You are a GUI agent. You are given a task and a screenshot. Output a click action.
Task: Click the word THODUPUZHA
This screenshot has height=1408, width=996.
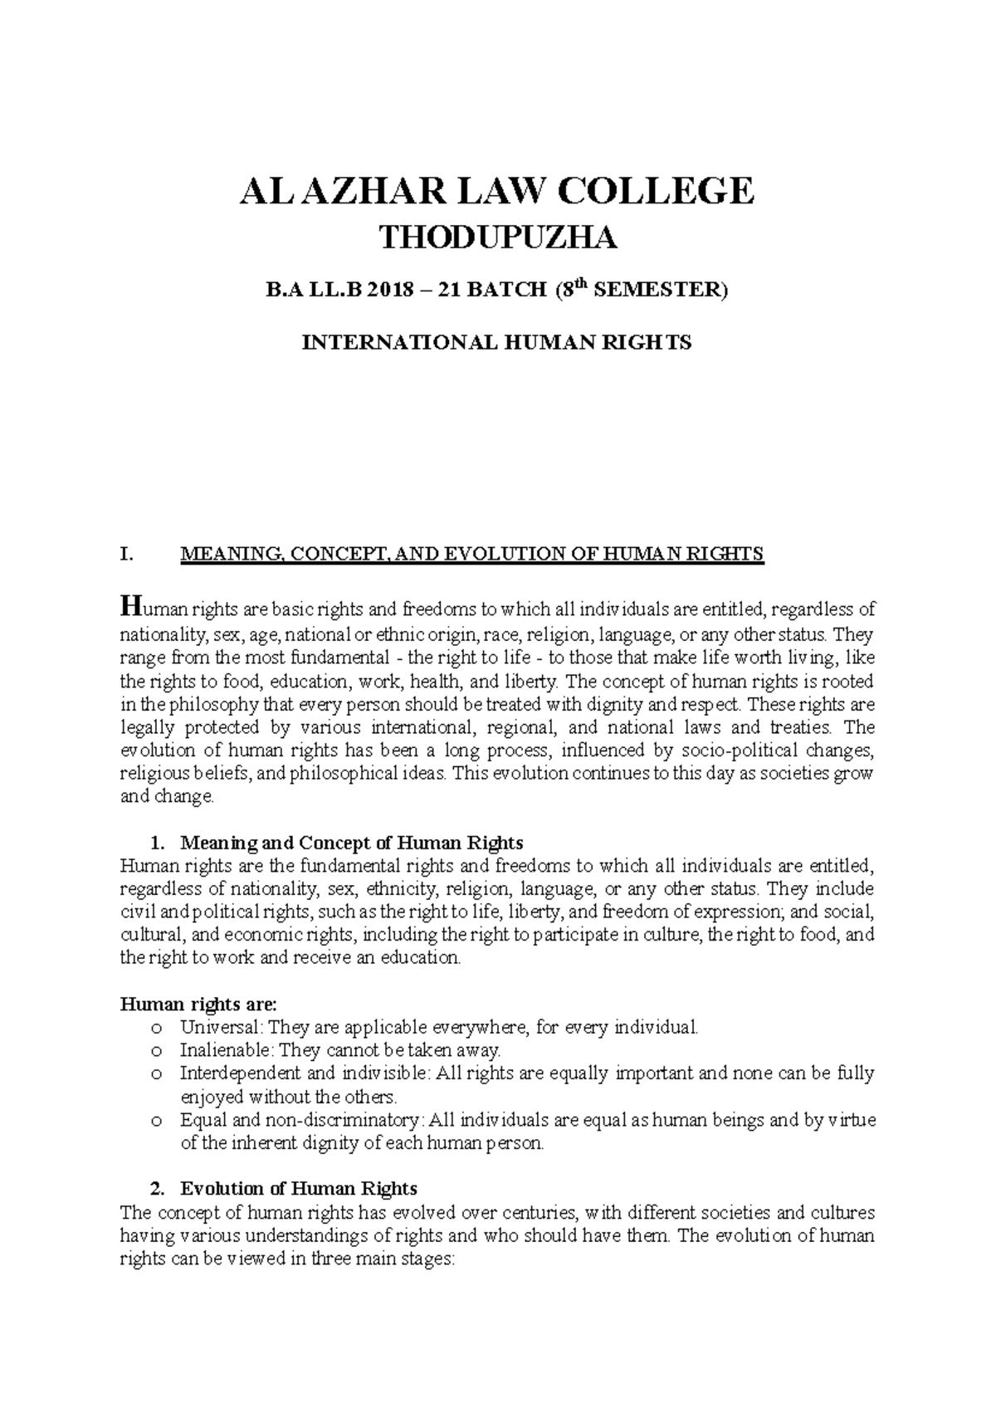click(498, 239)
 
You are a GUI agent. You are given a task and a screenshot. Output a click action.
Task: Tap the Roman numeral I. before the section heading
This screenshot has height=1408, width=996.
click(125, 555)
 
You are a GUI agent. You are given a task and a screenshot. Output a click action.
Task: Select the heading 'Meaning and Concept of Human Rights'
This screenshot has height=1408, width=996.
click(352, 843)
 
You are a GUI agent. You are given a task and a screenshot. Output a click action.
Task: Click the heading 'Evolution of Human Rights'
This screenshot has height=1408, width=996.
click(299, 1188)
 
